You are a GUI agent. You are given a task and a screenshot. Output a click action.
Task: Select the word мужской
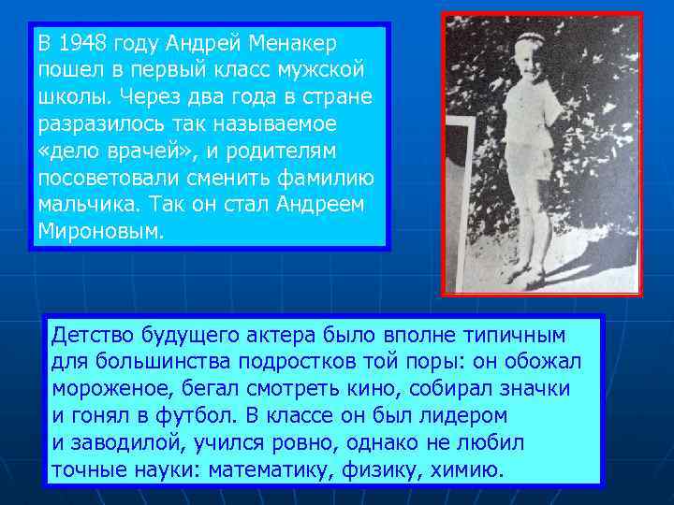point(329,70)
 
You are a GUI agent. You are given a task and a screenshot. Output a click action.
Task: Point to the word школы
point(68,97)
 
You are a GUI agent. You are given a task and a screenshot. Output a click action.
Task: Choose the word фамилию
point(329,178)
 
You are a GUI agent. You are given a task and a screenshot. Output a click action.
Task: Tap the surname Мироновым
point(101,231)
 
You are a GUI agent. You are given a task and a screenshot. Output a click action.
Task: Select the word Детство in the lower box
point(93,334)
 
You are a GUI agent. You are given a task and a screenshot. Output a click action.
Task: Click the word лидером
point(457,414)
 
